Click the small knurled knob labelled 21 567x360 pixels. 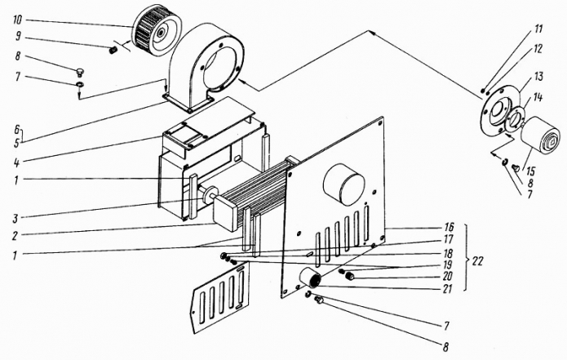(x=312, y=281)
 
